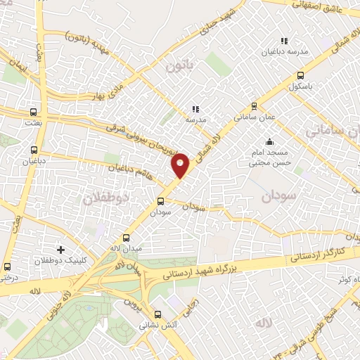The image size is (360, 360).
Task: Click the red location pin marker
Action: pos(181,165)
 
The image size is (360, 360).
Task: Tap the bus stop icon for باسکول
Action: pos(301,76)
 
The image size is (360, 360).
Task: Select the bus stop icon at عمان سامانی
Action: pos(254,108)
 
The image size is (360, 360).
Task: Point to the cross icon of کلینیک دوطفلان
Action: pos(61,250)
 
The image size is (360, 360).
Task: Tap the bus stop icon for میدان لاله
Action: pos(127,238)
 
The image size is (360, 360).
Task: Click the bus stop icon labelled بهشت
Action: pos(33,112)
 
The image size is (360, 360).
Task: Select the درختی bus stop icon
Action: pos(7,267)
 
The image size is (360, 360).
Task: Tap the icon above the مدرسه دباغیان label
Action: pos(284,41)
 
